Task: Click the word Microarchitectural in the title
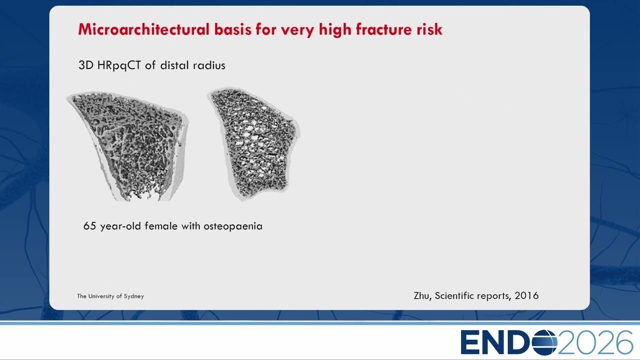click(x=143, y=29)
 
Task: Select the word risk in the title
click(x=429, y=29)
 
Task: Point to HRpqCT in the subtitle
click(x=119, y=65)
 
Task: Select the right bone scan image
click(x=253, y=143)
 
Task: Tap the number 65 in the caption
click(x=89, y=226)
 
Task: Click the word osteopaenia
click(x=233, y=226)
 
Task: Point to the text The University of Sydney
click(x=110, y=296)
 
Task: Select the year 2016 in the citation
click(x=526, y=295)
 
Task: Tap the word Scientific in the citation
click(x=455, y=295)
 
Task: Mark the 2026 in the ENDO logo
click(x=595, y=342)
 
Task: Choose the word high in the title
click(x=334, y=29)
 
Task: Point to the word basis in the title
click(x=233, y=29)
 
